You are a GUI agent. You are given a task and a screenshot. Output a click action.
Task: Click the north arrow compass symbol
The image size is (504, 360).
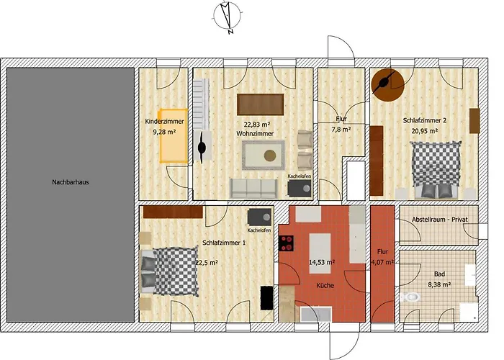point(228,16)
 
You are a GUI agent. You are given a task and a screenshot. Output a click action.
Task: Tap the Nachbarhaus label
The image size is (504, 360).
point(71,182)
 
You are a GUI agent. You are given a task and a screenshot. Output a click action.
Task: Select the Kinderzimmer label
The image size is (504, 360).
point(165,122)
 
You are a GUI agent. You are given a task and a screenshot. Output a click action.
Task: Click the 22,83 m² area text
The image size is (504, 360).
point(257,125)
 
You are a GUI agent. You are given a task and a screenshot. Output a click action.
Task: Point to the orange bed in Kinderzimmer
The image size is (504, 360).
point(174,136)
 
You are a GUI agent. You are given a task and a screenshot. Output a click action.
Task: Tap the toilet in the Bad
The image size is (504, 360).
point(410,297)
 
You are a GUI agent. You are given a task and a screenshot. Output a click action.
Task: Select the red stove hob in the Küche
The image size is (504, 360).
point(286,243)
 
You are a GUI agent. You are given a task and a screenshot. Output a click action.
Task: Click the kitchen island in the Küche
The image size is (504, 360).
point(320,253)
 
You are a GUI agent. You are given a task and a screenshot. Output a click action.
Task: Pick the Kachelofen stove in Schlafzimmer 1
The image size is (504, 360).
point(259,217)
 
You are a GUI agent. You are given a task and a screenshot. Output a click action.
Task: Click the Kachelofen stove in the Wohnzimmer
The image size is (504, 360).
point(300,189)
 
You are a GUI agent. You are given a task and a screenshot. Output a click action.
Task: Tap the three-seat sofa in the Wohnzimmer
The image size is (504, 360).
point(253,189)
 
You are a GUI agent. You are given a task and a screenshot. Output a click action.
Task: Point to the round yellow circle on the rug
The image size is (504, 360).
point(270,156)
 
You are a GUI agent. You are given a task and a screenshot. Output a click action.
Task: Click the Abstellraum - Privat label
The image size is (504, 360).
point(440,220)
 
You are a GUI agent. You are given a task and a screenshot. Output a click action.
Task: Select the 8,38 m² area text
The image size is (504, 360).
point(439,284)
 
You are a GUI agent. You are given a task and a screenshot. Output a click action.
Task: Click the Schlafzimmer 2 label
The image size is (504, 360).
point(425,120)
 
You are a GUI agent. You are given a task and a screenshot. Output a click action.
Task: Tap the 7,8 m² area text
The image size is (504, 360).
point(341,129)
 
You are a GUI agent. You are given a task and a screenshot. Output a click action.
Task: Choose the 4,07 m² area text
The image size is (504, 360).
point(382,262)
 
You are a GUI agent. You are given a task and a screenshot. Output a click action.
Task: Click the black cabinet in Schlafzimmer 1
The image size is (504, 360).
point(266,298)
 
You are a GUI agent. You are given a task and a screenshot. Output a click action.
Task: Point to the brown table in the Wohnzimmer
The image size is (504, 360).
point(261,104)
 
